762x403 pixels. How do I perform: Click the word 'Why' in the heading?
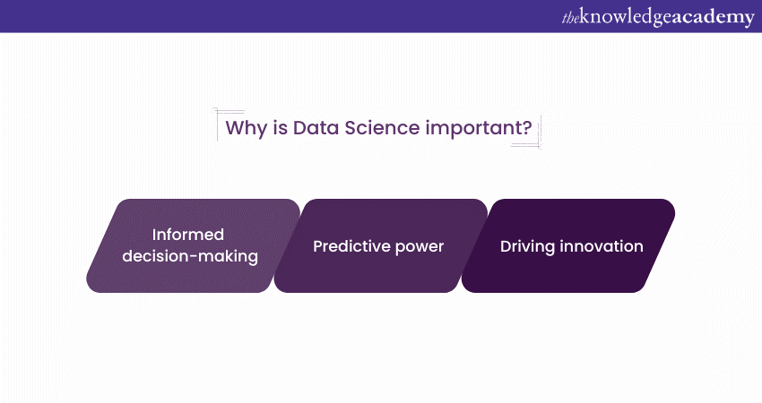click(245, 128)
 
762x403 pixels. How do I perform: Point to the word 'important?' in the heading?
click(480, 128)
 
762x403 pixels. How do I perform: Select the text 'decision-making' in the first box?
click(193, 257)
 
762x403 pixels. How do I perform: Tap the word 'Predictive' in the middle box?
click(353, 245)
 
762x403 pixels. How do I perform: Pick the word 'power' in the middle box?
click(420, 245)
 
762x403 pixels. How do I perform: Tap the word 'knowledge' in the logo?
click(628, 16)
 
